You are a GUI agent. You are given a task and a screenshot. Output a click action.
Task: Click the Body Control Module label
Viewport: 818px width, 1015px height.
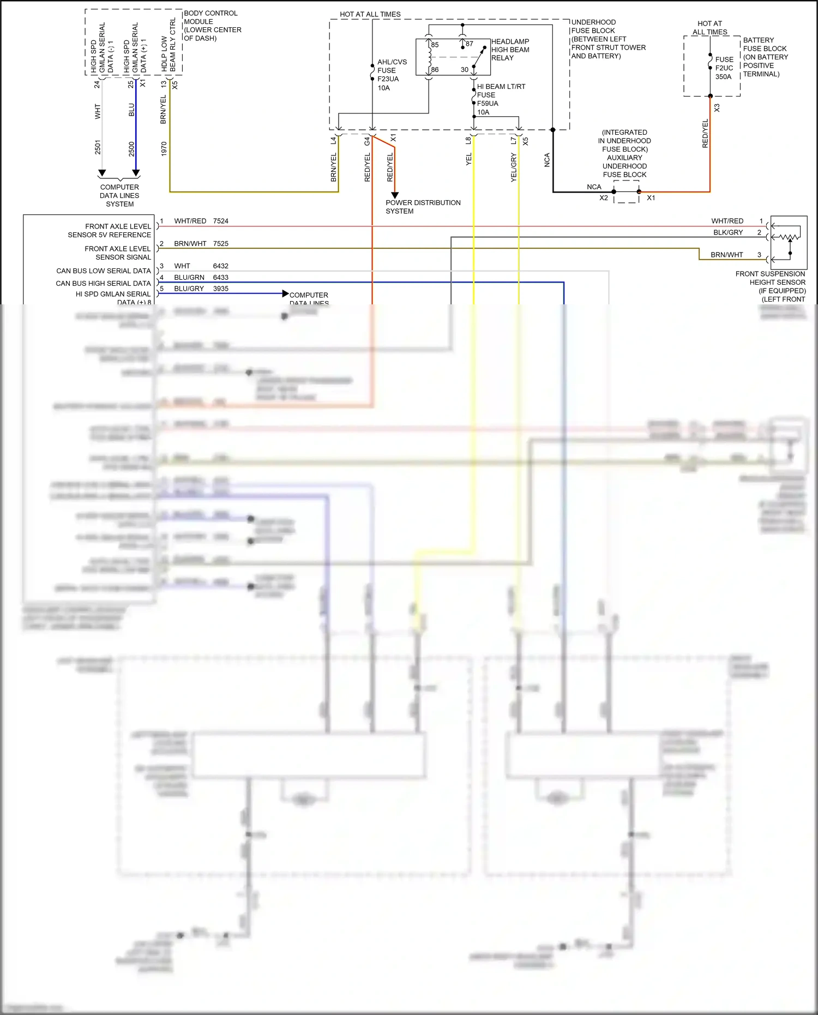212,26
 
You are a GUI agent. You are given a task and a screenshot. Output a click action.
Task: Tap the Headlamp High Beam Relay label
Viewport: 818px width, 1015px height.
510,50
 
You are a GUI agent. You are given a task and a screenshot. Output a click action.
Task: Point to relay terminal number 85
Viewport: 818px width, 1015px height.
435,45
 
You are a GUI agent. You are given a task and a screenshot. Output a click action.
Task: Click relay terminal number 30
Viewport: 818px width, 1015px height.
464,70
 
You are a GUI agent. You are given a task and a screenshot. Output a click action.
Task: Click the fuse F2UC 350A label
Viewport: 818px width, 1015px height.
724,68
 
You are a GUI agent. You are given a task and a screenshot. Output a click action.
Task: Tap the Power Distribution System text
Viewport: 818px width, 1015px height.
422,207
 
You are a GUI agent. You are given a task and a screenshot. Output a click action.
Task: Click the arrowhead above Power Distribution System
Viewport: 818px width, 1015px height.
395,195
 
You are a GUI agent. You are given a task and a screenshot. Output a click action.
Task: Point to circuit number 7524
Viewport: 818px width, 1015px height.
220,221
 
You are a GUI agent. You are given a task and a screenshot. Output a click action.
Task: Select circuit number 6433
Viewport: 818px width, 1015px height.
220,277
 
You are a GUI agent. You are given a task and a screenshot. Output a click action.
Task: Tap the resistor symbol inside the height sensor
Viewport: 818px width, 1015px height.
788,237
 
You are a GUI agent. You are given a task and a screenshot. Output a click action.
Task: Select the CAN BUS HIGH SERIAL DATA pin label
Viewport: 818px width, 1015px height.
103,283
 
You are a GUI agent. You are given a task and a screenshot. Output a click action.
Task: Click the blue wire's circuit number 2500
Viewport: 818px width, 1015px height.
131,149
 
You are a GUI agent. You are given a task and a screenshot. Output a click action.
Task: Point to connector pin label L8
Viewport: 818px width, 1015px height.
468,140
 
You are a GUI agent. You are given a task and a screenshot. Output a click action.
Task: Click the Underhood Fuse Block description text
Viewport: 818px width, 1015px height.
608,39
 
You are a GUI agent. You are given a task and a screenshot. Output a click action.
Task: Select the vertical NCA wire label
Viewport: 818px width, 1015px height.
547,160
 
